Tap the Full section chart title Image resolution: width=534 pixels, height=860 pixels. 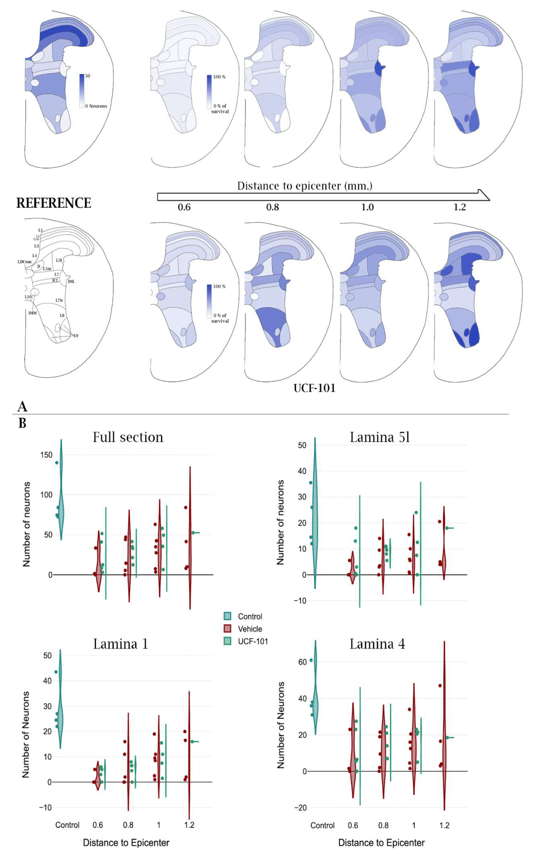tap(128, 437)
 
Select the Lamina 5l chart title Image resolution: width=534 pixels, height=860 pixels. tap(380, 437)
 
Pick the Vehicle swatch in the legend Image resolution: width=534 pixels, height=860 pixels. tap(227, 629)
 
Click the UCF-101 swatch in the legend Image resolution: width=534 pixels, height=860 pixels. tap(227, 641)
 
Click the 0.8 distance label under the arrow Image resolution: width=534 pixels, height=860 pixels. tap(272, 207)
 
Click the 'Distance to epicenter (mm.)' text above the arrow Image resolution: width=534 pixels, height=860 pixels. tap(304, 186)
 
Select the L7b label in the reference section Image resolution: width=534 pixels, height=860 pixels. tap(59, 300)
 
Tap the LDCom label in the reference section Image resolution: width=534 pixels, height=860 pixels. tap(24, 262)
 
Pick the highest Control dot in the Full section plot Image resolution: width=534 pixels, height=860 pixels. tap(57, 462)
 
